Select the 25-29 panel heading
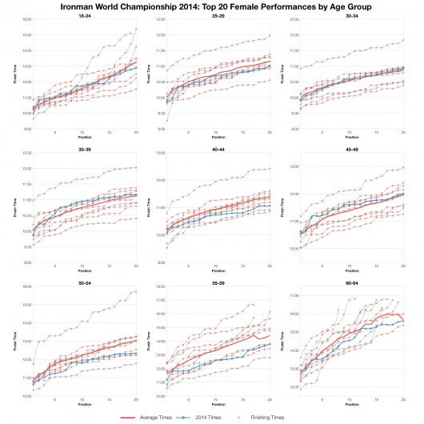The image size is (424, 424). [218, 15]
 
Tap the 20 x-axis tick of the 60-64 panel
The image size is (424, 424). [403, 399]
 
